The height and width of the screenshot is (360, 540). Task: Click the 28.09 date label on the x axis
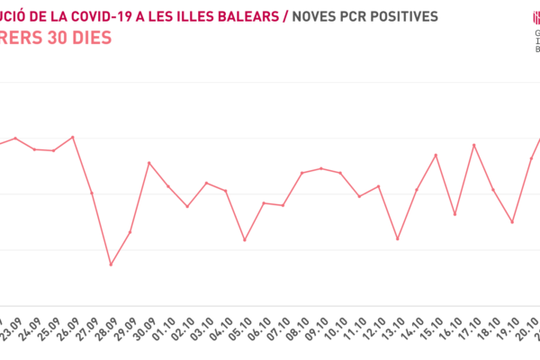coord(109,326)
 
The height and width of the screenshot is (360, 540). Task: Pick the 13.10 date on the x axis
coord(396,326)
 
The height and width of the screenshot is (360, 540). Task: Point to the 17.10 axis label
coord(472,326)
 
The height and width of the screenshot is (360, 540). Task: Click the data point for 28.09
coord(111,265)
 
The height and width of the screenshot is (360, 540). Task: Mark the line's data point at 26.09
coord(73,137)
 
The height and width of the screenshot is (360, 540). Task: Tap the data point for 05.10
coord(245,240)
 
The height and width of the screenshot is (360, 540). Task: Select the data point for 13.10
coord(398,239)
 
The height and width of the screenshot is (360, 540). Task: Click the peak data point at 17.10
coord(474,145)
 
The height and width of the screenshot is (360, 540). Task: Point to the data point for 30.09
coord(149,163)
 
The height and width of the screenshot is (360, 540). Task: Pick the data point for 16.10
coord(454,214)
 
